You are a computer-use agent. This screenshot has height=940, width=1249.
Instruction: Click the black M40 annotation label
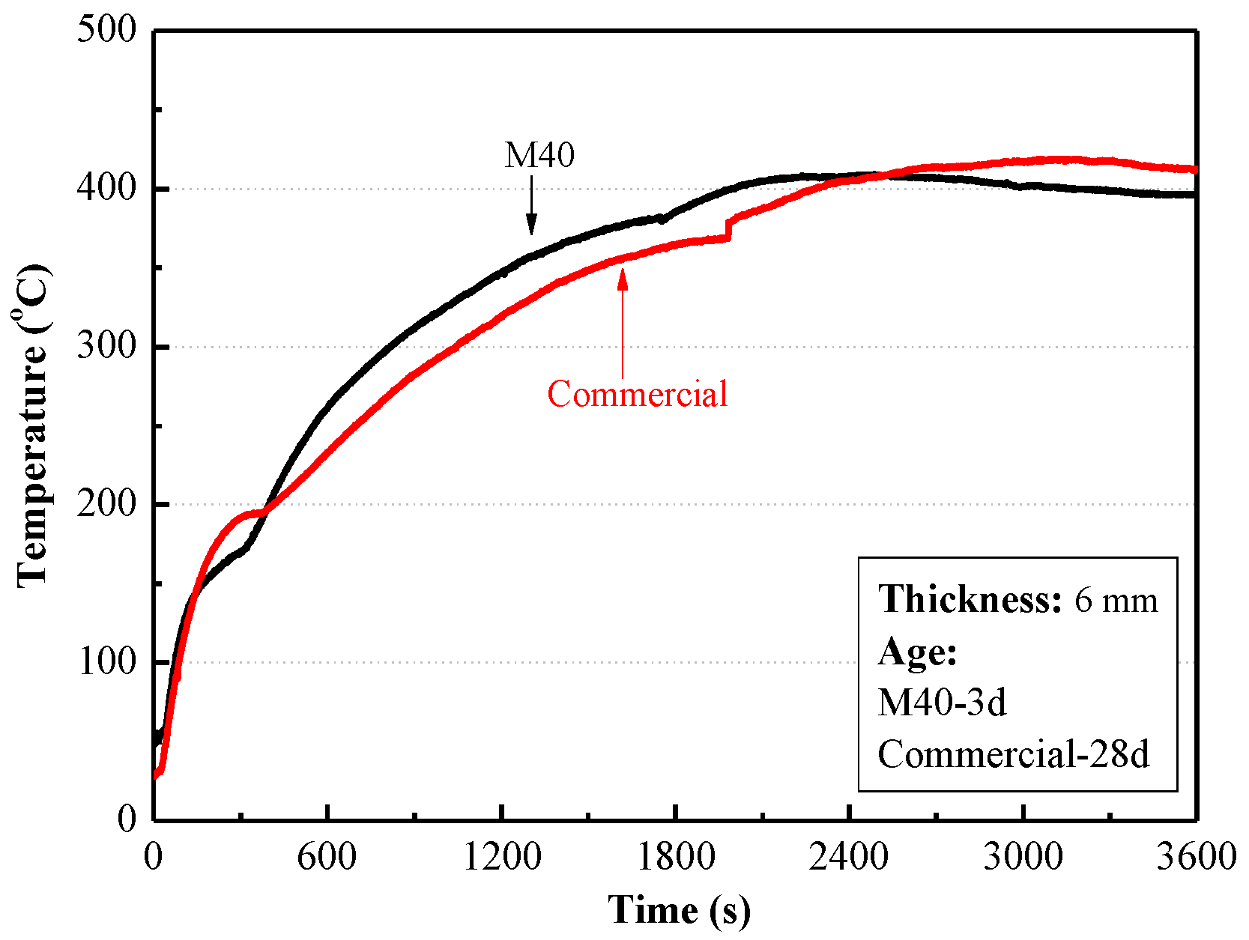click(x=539, y=155)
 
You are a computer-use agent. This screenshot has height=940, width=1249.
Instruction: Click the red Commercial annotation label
click(x=637, y=394)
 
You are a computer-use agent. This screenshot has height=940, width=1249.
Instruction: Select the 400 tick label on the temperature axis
click(x=107, y=188)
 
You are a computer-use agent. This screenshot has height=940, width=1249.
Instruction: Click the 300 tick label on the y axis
click(x=107, y=346)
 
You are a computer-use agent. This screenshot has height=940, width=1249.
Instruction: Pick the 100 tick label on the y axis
click(x=107, y=661)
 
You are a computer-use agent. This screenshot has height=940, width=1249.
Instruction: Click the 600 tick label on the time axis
click(x=327, y=856)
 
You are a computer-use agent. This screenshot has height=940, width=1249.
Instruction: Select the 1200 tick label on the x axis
click(x=501, y=856)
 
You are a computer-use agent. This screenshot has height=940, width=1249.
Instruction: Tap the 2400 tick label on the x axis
click(x=848, y=856)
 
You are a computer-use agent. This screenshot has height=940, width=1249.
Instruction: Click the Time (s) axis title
click(x=679, y=910)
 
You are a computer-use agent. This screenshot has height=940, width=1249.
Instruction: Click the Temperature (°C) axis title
click(x=33, y=425)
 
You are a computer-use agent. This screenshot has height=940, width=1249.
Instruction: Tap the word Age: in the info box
click(x=918, y=651)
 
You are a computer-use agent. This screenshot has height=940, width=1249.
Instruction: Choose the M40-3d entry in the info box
click(x=942, y=703)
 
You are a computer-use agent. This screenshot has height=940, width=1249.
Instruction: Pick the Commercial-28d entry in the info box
click(x=1013, y=754)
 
